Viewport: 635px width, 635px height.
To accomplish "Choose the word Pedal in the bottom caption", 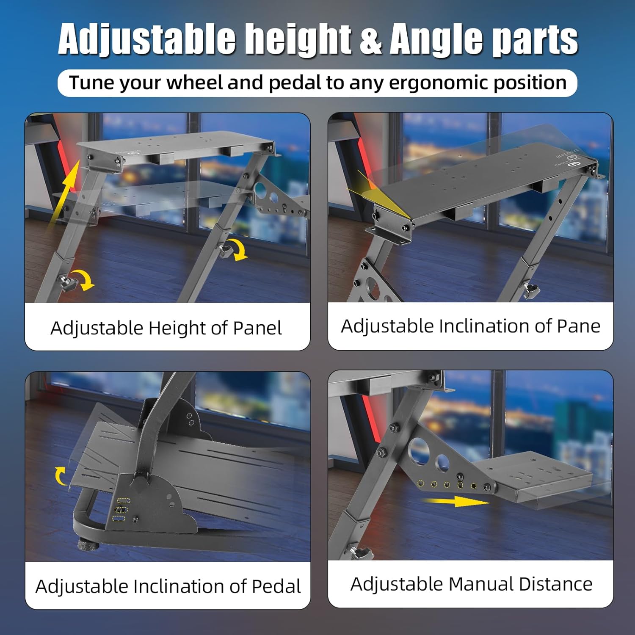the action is pyautogui.click(x=276, y=586).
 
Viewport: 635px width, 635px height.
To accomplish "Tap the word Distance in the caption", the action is pyautogui.click(x=555, y=584).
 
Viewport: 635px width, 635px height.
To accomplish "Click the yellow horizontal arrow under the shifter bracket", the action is pyautogui.click(x=456, y=502).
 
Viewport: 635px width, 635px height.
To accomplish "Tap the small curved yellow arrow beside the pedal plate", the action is pyautogui.click(x=61, y=476).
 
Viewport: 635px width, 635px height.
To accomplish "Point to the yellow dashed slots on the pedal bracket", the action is pyautogui.click(x=121, y=510).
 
